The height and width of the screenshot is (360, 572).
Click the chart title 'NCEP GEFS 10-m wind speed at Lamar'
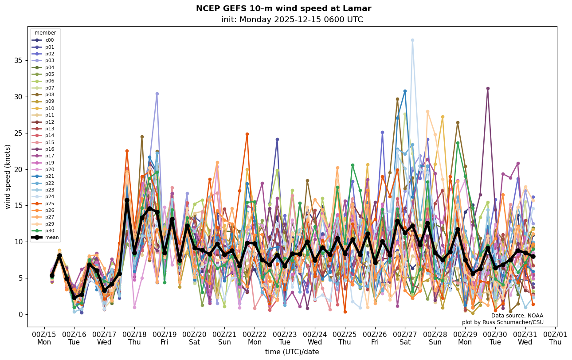[283, 8]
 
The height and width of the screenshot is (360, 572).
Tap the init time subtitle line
[292, 20]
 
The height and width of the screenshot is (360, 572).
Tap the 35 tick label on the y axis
[18, 60]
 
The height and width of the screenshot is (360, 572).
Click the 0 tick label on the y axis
[20, 314]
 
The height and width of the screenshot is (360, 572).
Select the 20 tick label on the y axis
[18, 169]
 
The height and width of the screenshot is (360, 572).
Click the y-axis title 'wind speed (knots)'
[8, 176]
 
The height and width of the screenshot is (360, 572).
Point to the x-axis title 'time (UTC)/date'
[292, 352]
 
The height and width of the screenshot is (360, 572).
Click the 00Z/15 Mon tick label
[44, 337]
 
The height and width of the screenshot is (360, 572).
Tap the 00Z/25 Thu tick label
[345, 337]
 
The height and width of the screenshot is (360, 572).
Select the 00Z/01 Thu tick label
[555, 337]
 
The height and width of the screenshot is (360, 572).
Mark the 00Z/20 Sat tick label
[195, 337]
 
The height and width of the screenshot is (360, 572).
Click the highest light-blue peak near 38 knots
[412, 40]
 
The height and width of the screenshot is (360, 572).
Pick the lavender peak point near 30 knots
[157, 94]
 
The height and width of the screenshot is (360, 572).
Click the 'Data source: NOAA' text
[517, 316]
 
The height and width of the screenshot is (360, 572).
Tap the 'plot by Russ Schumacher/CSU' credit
[502, 322]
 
